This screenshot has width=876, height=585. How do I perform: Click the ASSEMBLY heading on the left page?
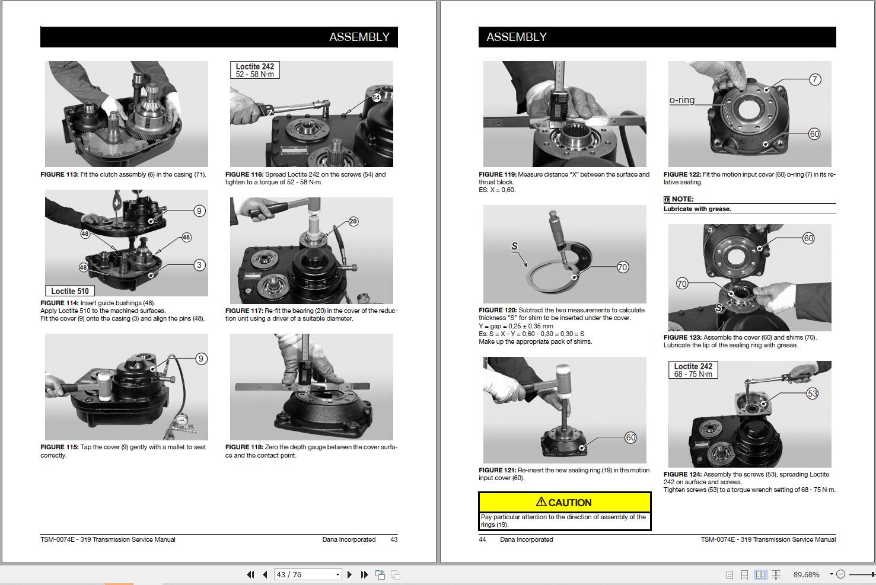pyautogui.click(x=359, y=37)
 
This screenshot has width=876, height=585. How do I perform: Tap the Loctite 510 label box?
pyautogui.click(x=70, y=290)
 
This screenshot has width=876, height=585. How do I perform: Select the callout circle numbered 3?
pyautogui.click(x=200, y=265)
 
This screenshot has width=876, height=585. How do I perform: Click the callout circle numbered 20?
pyautogui.click(x=353, y=222)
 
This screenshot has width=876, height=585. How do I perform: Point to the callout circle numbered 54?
pyautogui.click(x=376, y=97)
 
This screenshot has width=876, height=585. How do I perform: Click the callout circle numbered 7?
pyautogui.click(x=816, y=79)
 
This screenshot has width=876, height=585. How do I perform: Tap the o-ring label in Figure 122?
pyautogui.click(x=681, y=100)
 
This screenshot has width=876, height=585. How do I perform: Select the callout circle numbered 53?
pyautogui.click(x=813, y=394)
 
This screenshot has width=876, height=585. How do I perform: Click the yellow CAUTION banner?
pyautogui.click(x=564, y=502)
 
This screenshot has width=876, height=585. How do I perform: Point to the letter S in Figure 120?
pyautogui.click(x=514, y=246)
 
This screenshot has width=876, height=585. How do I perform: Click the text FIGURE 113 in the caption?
pyautogui.click(x=60, y=174)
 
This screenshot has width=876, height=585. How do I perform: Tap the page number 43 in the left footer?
pyautogui.click(x=394, y=539)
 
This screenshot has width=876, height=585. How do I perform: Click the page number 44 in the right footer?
pyautogui.click(x=482, y=539)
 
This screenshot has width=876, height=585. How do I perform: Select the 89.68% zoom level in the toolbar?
pyautogui.click(x=806, y=574)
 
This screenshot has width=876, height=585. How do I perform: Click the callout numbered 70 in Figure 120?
pyautogui.click(x=622, y=267)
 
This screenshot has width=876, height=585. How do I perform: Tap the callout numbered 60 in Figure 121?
pyautogui.click(x=630, y=437)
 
